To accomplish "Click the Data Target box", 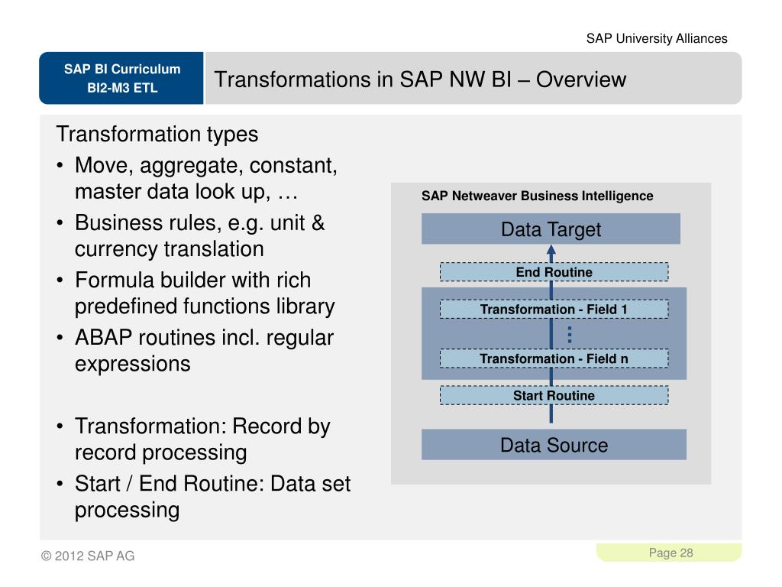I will tap(551, 229).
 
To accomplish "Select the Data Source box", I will tap(554, 445).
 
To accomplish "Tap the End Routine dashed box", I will tap(554, 272).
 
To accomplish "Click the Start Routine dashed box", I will tap(554, 395).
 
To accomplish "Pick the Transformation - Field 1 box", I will tap(554, 310).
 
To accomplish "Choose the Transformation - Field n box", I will tap(554, 358).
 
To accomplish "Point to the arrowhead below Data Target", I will tap(551, 250).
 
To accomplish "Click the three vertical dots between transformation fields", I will tap(570, 334).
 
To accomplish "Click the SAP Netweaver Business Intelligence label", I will tap(537, 196).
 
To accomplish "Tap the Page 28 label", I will tap(671, 553).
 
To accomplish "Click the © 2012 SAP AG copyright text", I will tap(88, 556).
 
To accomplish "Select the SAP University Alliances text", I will tap(657, 38).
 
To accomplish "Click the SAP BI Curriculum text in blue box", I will tap(122, 70).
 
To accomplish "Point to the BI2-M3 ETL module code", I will tap(122, 88).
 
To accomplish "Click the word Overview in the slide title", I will tap(581, 79).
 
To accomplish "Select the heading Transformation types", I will tap(157, 135).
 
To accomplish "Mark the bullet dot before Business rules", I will tap(60, 224).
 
